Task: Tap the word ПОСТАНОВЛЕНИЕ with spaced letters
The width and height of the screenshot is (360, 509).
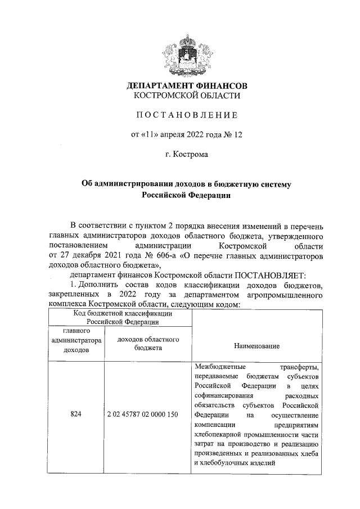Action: (187, 115)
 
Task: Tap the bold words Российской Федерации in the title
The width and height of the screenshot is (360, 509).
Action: (187, 195)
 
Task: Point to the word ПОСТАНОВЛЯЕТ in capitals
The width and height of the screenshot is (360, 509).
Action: (269, 275)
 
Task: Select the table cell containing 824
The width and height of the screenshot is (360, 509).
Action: (76, 414)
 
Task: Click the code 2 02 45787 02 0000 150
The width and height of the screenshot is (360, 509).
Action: (142, 414)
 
